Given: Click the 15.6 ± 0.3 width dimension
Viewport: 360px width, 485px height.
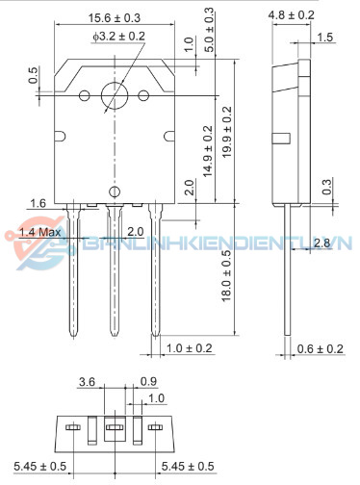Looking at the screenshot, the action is click(x=115, y=18).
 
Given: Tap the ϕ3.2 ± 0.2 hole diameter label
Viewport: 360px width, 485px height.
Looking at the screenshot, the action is click(x=118, y=37).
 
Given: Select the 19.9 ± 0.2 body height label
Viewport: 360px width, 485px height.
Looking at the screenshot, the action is click(x=227, y=132).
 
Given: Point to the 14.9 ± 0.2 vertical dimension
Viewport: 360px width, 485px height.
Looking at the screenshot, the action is click(x=208, y=151).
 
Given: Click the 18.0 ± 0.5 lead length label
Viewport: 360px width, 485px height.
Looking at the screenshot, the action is click(x=226, y=275).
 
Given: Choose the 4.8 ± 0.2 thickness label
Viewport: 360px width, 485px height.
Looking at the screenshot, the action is click(x=292, y=15).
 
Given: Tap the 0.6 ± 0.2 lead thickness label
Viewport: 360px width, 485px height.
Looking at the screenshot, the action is click(x=320, y=348).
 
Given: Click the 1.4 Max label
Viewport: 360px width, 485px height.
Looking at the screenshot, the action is click(x=40, y=232).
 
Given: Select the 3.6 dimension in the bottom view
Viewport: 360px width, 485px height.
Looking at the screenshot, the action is click(x=87, y=382).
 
